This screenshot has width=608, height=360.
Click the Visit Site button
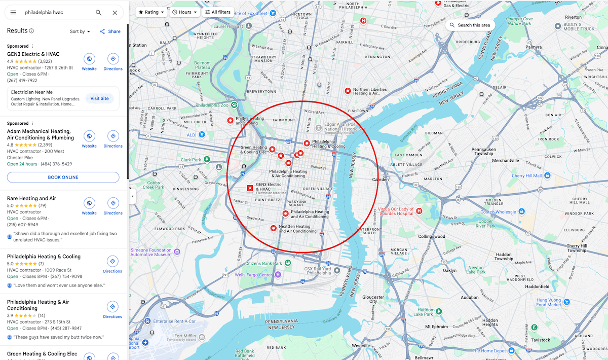coord(99,98)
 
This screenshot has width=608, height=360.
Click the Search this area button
coord(470,25)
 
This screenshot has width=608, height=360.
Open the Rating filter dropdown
coord(151,12)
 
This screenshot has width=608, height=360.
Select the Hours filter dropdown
coord(184,12)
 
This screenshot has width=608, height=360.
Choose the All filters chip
coord(217,12)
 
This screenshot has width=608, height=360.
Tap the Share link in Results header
coord(110,31)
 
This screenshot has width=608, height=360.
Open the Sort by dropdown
coord(80,31)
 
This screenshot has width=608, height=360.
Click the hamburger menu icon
coord(13,12)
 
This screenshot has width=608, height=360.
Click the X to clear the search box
coord(115,12)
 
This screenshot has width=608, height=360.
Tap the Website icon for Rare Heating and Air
coord(89,203)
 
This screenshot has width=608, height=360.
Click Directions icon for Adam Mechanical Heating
coord(113,136)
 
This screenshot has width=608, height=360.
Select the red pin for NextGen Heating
coord(274,228)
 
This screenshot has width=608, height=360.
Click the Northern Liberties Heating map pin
coord(348,91)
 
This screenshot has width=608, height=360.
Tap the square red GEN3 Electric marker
coord(250,188)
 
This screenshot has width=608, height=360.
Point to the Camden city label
coord(380,179)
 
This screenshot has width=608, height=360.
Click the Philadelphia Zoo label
coord(212,105)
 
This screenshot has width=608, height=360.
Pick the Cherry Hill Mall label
coord(526,176)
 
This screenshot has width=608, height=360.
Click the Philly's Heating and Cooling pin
coord(231,121)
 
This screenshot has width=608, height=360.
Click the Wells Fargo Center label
coord(254,275)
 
